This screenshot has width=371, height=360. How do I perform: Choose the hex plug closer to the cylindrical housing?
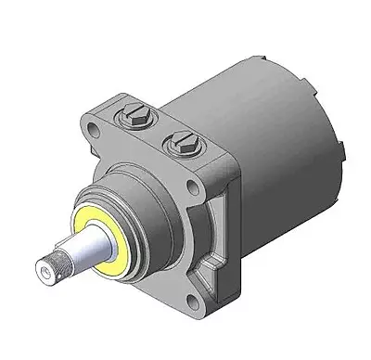point(178,144)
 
